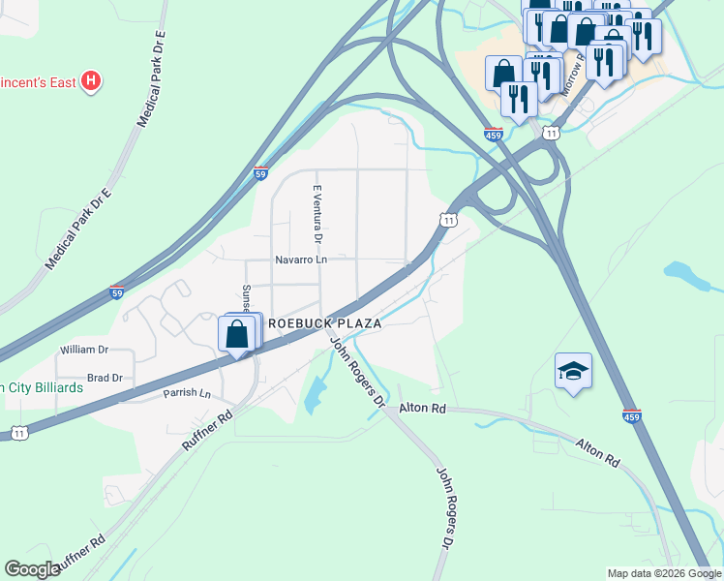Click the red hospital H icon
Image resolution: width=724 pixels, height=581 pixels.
pyautogui.click(x=90, y=80)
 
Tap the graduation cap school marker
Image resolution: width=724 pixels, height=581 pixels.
pyautogui.click(x=573, y=372)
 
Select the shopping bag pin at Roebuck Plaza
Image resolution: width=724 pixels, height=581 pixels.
pyautogui.click(x=239, y=335)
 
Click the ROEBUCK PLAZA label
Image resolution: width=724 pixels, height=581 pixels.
pyautogui.click(x=324, y=325)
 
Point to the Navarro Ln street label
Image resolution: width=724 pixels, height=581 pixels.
pyautogui.click(x=301, y=260)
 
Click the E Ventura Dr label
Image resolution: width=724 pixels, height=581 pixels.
pyautogui.click(x=317, y=214)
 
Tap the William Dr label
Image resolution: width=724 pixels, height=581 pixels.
pyautogui.click(x=83, y=349)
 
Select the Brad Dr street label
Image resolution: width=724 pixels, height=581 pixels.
pyautogui.click(x=105, y=378)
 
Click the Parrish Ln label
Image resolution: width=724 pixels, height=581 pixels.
pyautogui.click(x=187, y=393)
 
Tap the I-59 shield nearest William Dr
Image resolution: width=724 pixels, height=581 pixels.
pyautogui.click(x=116, y=290)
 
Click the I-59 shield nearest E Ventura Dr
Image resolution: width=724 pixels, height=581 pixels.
pyautogui.click(x=260, y=173)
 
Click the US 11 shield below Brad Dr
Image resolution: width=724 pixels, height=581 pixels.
pyautogui.click(x=19, y=431)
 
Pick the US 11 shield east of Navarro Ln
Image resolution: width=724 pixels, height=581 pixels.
pyautogui.click(x=447, y=221)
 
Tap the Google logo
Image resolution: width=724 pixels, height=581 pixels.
pyautogui.click(x=33, y=569)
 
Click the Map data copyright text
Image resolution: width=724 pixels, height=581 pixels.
pyautogui.click(x=663, y=573)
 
